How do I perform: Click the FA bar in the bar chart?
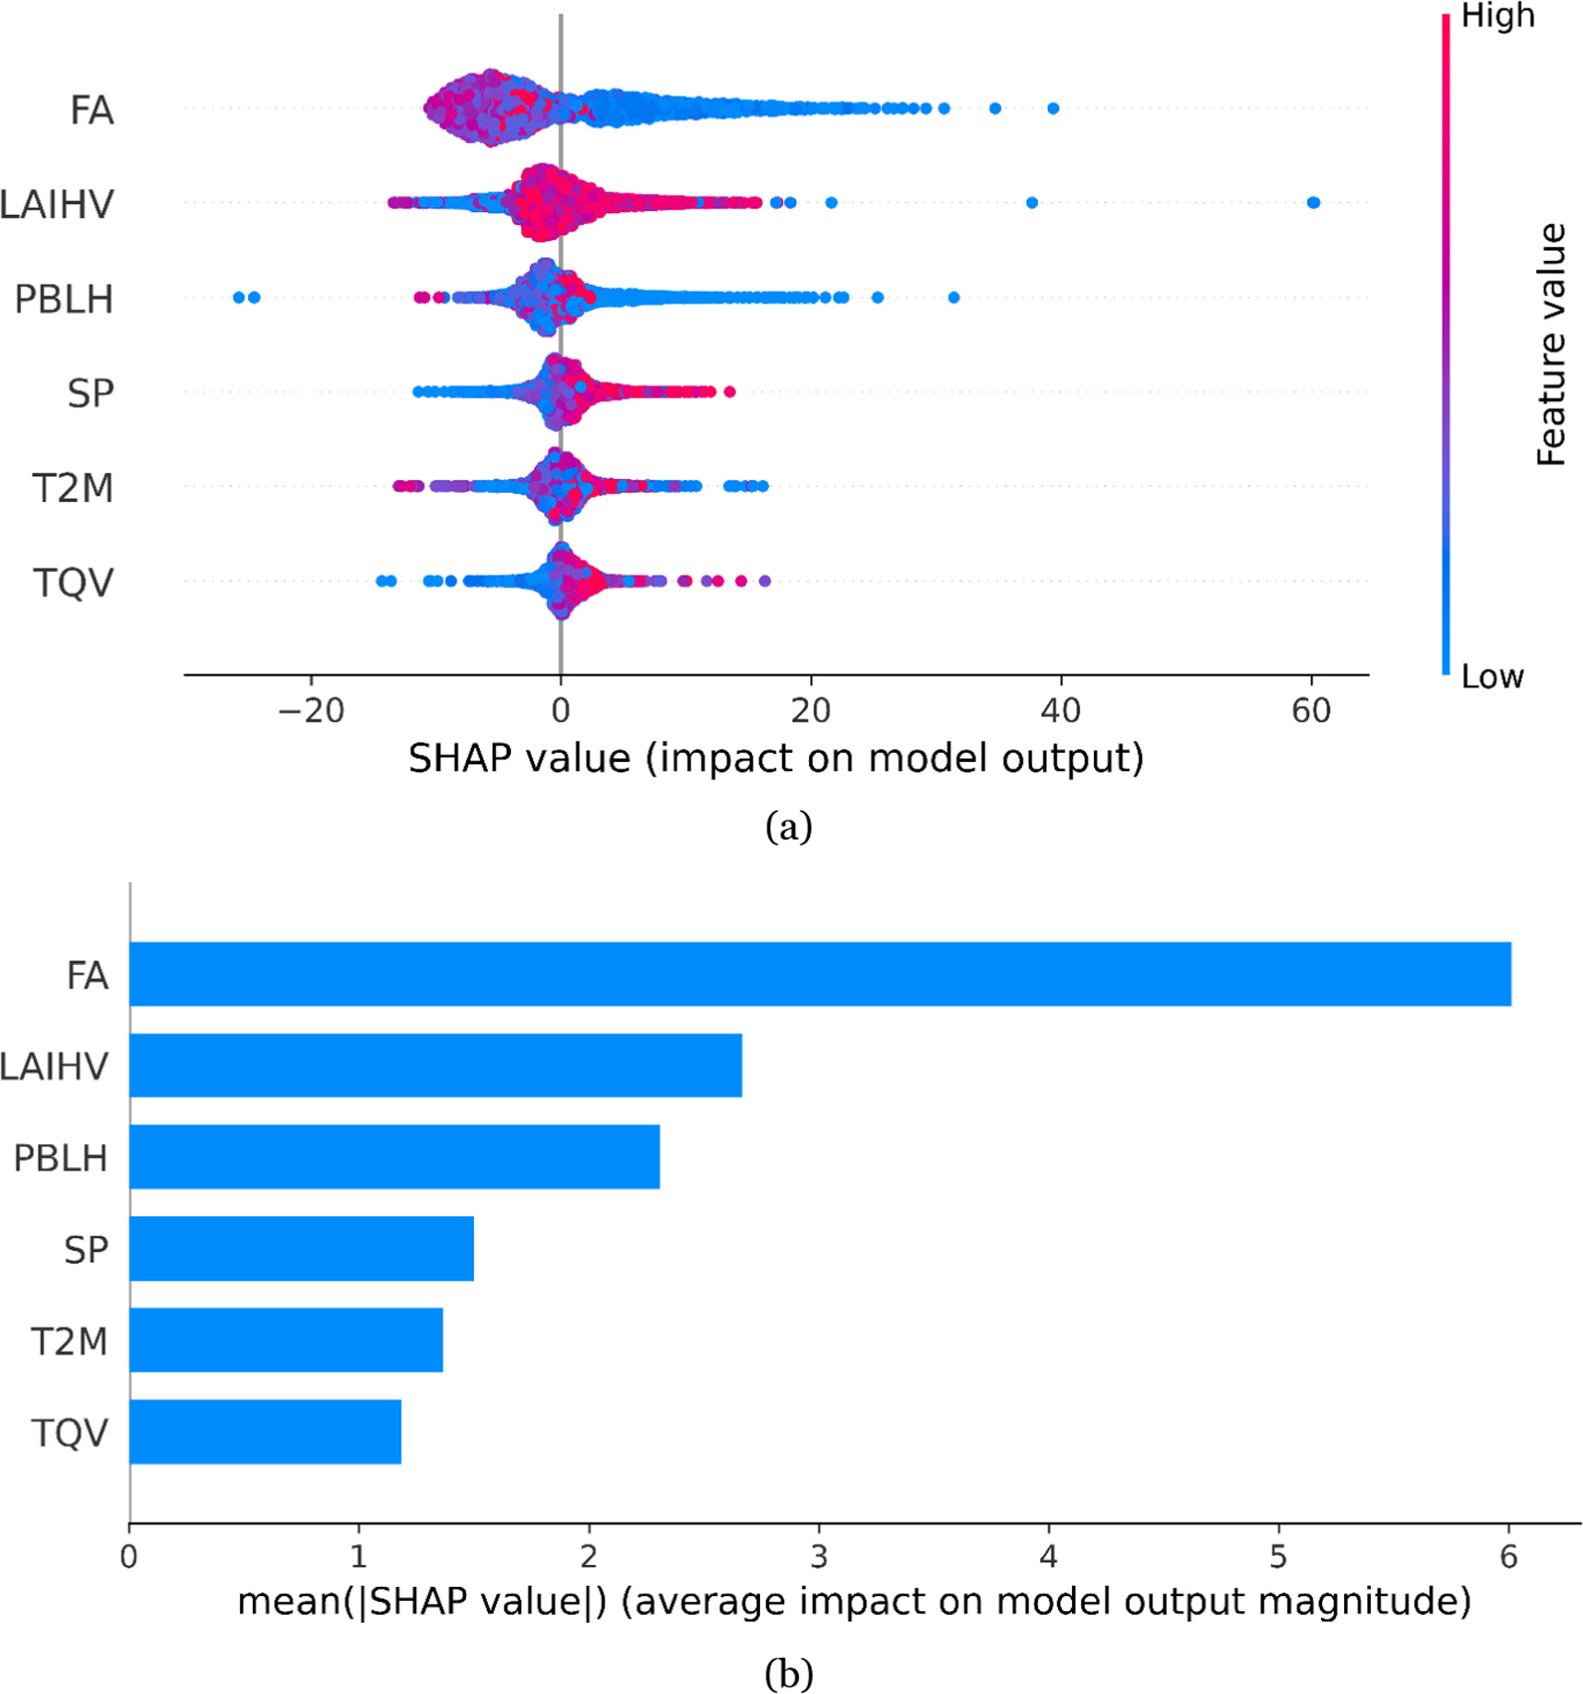[x=819, y=973]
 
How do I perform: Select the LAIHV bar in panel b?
[x=435, y=1065]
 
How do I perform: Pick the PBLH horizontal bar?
[x=394, y=1156]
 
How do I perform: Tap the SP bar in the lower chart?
[x=301, y=1247]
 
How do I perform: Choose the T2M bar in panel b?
[x=286, y=1339]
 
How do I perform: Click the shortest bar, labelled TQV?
[x=265, y=1431]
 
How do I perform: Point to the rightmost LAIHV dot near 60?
[x=1313, y=202]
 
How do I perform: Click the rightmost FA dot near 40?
[x=1053, y=108]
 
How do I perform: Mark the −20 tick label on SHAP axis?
[x=311, y=710]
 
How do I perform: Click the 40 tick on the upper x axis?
[x=1061, y=710]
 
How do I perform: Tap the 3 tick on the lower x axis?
[x=818, y=1557]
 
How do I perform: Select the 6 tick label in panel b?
[x=1507, y=1557]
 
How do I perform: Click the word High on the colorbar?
[x=1497, y=17]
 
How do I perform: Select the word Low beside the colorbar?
[x=1492, y=676]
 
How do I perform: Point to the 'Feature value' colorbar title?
[x=1552, y=343]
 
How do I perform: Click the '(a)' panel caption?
[x=789, y=826]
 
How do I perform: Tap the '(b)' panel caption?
[x=789, y=1672]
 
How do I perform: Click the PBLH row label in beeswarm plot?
[x=63, y=299]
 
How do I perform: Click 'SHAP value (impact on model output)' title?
[x=776, y=758]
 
